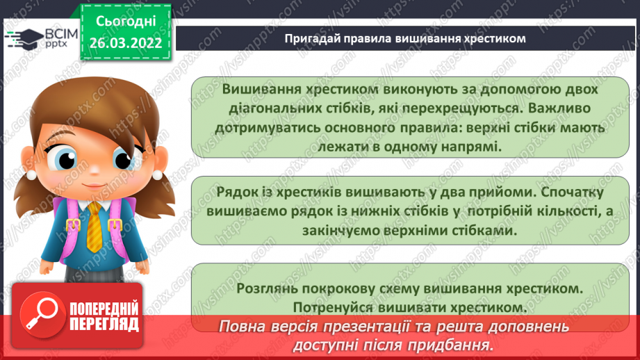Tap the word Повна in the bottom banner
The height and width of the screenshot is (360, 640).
(x=244, y=327)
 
